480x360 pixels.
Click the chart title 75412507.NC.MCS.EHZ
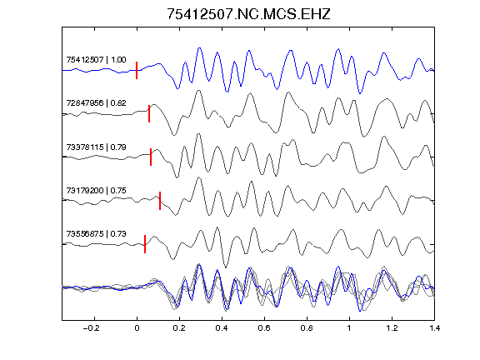click(x=248, y=14)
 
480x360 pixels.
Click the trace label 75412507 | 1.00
click(x=96, y=59)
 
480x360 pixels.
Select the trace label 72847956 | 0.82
click(x=96, y=102)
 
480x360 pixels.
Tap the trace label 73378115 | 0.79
click(x=96, y=147)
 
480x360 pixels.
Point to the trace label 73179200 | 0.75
click(x=96, y=190)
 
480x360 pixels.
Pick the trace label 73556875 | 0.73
click(x=96, y=234)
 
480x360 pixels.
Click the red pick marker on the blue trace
click(x=137, y=70)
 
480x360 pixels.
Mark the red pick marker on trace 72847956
click(x=149, y=113)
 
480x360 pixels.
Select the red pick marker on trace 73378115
click(x=151, y=157)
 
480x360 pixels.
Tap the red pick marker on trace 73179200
click(x=160, y=201)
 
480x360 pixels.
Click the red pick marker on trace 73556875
click(x=145, y=244)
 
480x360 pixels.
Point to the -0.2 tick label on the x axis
click(x=92, y=328)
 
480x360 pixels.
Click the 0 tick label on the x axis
click(x=137, y=328)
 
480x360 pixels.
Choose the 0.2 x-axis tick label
click(x=179, y=328)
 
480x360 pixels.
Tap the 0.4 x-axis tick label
click(x=222, y=328)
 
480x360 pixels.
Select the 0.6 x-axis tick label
click(x=264, y=328)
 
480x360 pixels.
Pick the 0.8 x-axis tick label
click(x=307, y=328)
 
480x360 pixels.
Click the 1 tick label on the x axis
click(x=349, y=328)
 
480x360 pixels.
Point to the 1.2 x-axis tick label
click(x=392, y=328)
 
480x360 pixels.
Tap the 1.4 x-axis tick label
click(x=434, y=328)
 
